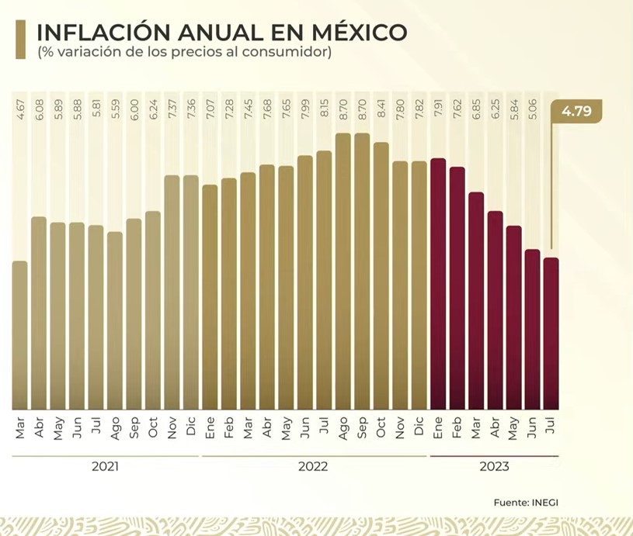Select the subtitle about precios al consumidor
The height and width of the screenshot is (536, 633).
point(185,54)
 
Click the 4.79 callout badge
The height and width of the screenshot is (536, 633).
point(576,112)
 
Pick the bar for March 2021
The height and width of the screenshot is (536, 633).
point(20,335)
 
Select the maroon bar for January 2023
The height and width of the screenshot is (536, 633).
point(438,284)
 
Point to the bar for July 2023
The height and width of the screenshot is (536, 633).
point(551,334)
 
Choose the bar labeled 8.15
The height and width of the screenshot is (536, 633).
point(324,280)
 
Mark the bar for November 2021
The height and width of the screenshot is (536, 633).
point(172,292)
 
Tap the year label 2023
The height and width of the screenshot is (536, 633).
point(495,467)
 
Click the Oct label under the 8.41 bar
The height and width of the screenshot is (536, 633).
point(381,429)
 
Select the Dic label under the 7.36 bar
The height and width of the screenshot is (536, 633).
point(191,429)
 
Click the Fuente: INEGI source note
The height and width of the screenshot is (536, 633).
point(526,503)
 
